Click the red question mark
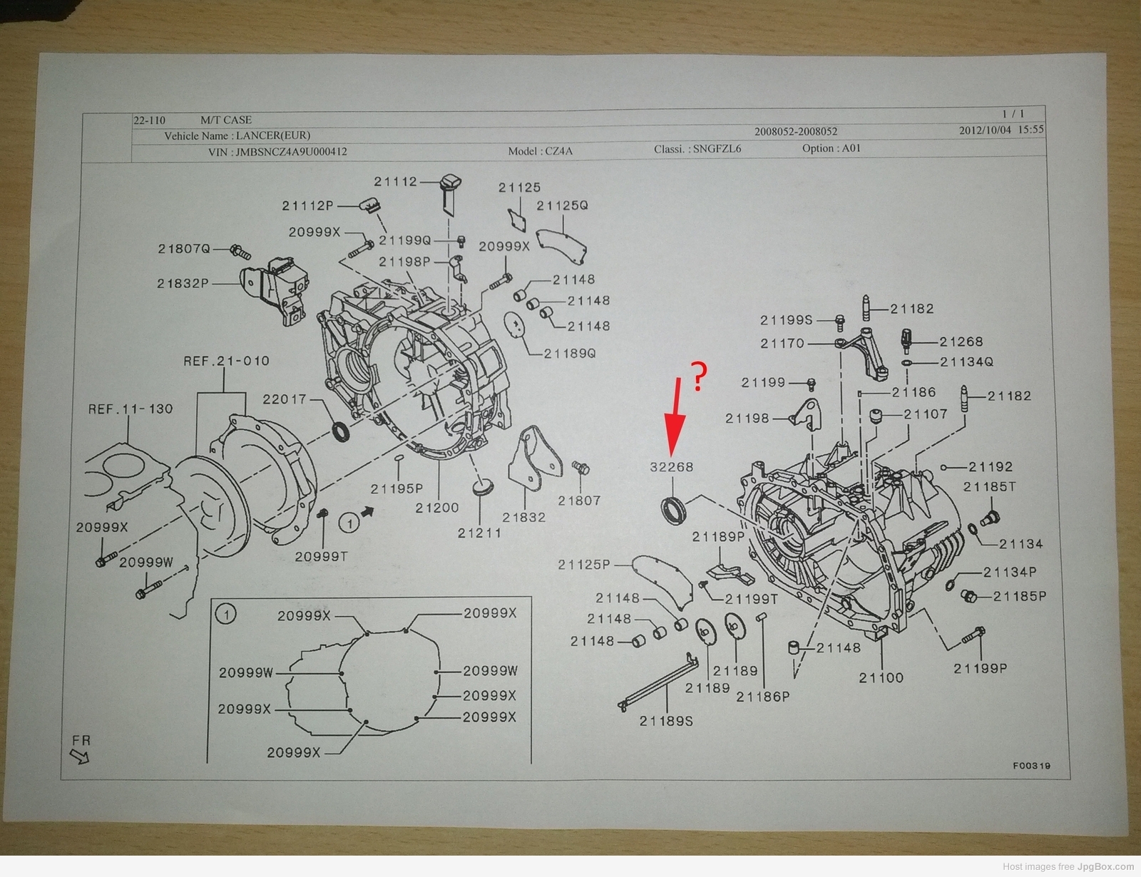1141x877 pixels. [700, 376]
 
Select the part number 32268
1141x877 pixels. [671, 467]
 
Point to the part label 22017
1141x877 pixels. [284, 399]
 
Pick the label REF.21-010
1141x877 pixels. [226, 361]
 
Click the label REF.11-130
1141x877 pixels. [131, 409]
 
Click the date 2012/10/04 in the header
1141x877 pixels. [985, 130]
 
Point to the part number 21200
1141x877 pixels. [437, 508]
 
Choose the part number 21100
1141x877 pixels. [881, 677]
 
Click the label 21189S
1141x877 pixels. [666, 721]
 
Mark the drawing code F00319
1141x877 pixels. [1031, 766]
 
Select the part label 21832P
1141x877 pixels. [183, 283]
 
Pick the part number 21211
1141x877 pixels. [479, 533]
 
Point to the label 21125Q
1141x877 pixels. [562, 205]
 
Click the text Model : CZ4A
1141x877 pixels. [540, 150]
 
